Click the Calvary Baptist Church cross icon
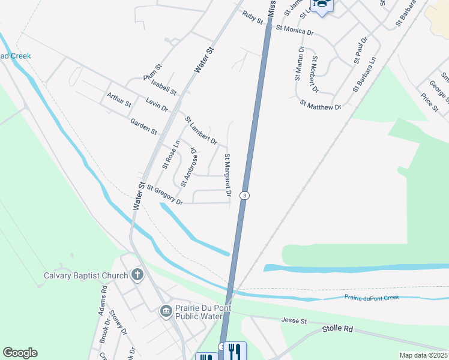[137, 275]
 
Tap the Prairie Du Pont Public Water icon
[166, 310]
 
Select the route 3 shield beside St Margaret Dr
[244, 196]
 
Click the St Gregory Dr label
[164, 194]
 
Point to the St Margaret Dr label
[228, 175]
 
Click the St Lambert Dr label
[200, 130]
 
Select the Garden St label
[143, 126]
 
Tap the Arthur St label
[119, 100]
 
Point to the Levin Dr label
[157, 104]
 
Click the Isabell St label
[163, 88]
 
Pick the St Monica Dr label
[295, 29]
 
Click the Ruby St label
[253, 17]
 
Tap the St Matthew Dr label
[321, 105]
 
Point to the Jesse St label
[294, 322]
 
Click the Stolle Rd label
[337, 329]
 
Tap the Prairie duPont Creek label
[372, 298]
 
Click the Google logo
[20, 353]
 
